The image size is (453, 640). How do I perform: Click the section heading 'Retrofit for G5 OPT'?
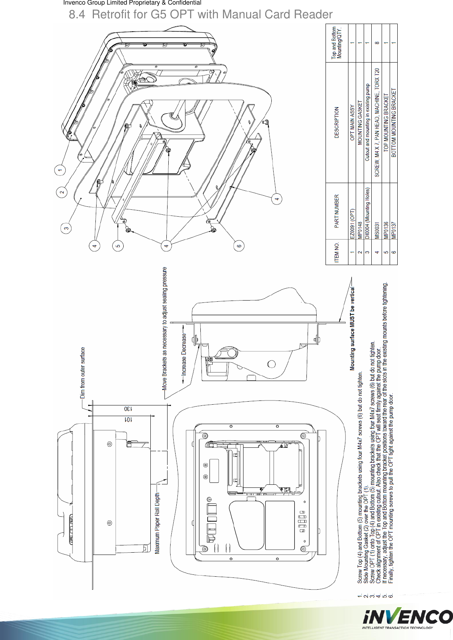pyautogui.click(x=200, y=14)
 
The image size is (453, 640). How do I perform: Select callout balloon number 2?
pyautogui.click(x=62, y=192)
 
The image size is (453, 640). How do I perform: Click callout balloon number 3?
pyautogui.click(x=66, y=228)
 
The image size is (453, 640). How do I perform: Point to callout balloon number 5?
pyautogui.click(x=118, y=246)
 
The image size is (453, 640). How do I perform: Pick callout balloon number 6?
pyautogui.click(x=239, y=246)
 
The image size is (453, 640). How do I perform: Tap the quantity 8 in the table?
pyautogui.click(x=377, y=43)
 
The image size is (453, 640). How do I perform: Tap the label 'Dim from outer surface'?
pyautogui.click(x=83, y=372)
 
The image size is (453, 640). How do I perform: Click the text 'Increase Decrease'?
pyautogui.click(x=184, y=355)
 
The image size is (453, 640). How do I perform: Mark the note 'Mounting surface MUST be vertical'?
pyautogui.click(x=353, y=328)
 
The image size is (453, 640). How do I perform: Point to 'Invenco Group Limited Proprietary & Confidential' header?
pyautogui.click(x=132, y=3)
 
